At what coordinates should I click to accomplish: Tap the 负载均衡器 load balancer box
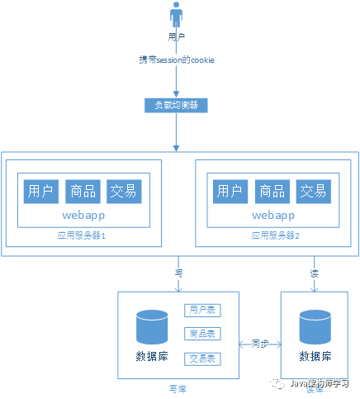[x=176, y=106]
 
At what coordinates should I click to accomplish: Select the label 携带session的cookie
[x=176, y=61]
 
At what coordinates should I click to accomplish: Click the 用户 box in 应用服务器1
[x=40, y=191]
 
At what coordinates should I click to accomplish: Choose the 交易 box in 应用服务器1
[x=124, y=191]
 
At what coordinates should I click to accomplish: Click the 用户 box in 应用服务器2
[x=230, y=191]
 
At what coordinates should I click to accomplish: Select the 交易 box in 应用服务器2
[x=313, y=191]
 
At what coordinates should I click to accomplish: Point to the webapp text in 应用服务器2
[x=272, y=215]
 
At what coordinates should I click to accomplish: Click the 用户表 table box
[x=202, y=311]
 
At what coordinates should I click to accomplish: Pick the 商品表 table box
[x=202, y=335]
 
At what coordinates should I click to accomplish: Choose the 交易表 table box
[x=202, y=359]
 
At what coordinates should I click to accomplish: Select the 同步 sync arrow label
[x=259, y=342]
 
